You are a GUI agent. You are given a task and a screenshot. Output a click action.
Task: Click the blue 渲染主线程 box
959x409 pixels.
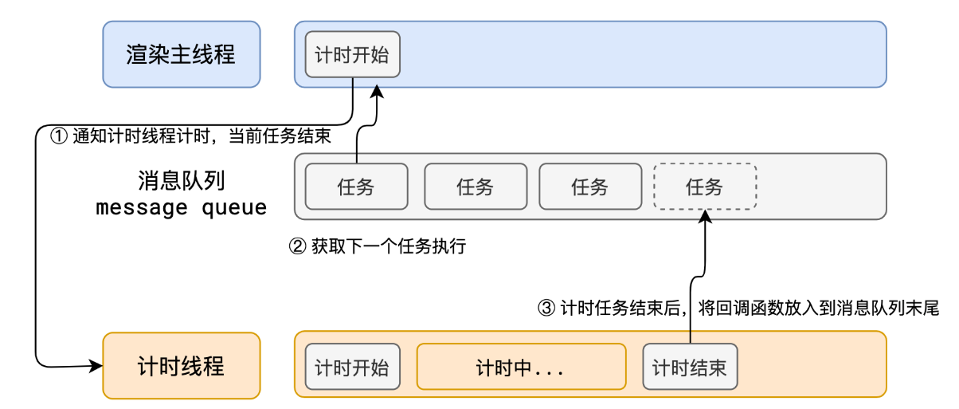click(x=182, y=54)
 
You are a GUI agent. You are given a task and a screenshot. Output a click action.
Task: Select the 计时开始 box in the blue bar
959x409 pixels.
click(x=352, y=55)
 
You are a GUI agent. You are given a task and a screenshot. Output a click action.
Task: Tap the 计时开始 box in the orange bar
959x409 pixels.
click(x=352, y=368)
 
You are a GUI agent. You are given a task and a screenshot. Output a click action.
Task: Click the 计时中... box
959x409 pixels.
click(x=521, y=368)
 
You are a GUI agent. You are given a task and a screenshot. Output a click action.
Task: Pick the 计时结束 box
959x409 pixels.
click(x=690, y=368)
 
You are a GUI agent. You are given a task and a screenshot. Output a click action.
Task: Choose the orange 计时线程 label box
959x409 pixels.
click(x=182, y=366)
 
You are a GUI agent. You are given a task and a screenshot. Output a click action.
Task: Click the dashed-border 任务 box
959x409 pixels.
click(x=705, y=187)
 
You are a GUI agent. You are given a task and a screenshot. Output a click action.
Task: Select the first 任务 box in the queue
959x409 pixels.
click(x=356, y=187)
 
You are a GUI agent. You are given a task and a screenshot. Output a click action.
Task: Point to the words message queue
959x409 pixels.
click(x=182, y=209)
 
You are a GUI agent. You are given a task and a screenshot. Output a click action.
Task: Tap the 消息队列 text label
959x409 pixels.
click(x=182, y=181)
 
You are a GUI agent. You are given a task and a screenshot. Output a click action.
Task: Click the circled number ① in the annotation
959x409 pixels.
click(x=59, y=136)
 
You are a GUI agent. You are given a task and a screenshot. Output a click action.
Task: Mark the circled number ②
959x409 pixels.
click(x=296, y=247)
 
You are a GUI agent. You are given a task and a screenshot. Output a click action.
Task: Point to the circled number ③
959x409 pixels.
click(x=546, y=309)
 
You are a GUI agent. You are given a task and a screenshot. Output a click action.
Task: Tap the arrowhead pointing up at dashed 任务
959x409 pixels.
click(x=706, y=215)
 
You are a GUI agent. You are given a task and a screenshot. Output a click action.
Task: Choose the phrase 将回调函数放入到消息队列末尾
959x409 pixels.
click(x=818, y=309)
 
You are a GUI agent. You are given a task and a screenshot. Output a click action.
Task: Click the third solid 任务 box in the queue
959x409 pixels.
click(x=590, y=187)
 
